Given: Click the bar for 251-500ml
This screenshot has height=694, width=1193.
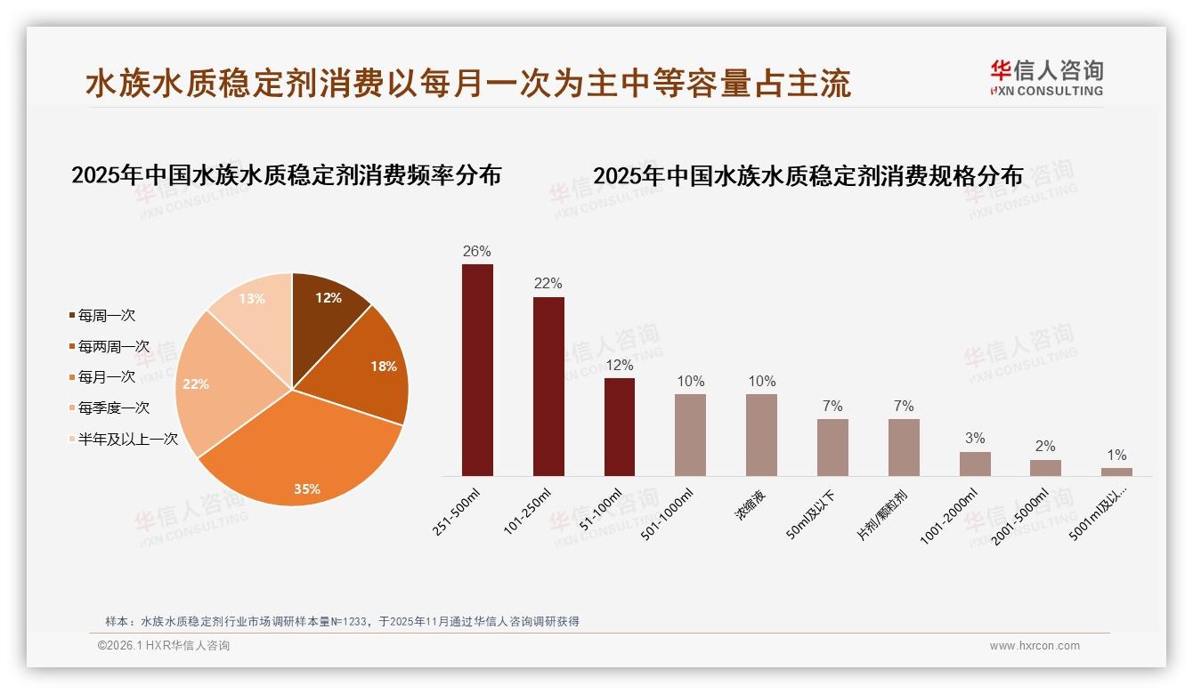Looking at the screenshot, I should pyautogui.click(x=477, y=369).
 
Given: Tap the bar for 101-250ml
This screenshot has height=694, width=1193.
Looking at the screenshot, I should pyautogui.click(x=548, y=386).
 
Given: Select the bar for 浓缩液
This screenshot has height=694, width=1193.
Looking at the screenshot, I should pyautogui.click(x=761, y=434).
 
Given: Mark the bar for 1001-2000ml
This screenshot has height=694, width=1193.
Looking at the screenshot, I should pyautogui.click(x=975, y=464).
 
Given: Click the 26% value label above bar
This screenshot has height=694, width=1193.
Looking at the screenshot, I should pyautogui.click(x=477, y=252).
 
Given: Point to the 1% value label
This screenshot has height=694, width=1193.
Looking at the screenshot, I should pyautogui.click(x=1116, y=456).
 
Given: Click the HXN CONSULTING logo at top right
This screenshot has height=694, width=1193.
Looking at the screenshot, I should pyautogui.click(x=1046, y=77).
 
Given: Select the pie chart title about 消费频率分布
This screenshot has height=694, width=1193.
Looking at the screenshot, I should pyautogui.click(x=286, y=174).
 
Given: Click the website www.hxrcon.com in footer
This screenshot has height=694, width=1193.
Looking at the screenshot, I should pyautogui.click(x=1035, y=646).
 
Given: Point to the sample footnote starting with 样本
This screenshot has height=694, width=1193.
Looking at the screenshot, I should pyautogui.click(x=342, y=621).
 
